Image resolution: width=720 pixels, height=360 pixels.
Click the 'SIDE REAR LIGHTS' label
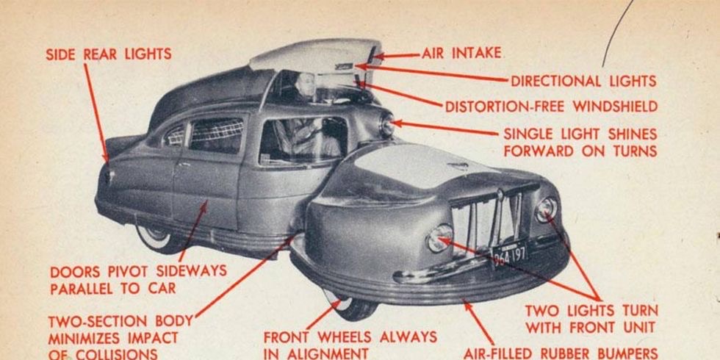(108, 54)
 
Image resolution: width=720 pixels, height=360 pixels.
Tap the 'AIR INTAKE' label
(461, 53)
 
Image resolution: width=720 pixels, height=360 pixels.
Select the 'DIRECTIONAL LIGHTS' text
(583, 81)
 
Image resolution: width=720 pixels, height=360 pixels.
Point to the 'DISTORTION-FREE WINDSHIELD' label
(551, 107)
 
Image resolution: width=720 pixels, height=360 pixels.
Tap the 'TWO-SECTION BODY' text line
(120, 321)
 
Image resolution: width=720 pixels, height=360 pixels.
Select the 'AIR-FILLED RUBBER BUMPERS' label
(561, 353)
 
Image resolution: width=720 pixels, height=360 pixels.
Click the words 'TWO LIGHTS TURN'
(591, 310)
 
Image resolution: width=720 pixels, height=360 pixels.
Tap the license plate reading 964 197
(509, 255)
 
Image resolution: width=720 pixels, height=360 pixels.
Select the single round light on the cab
(386, 124)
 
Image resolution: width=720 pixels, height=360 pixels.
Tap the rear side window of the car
(216, 136)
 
